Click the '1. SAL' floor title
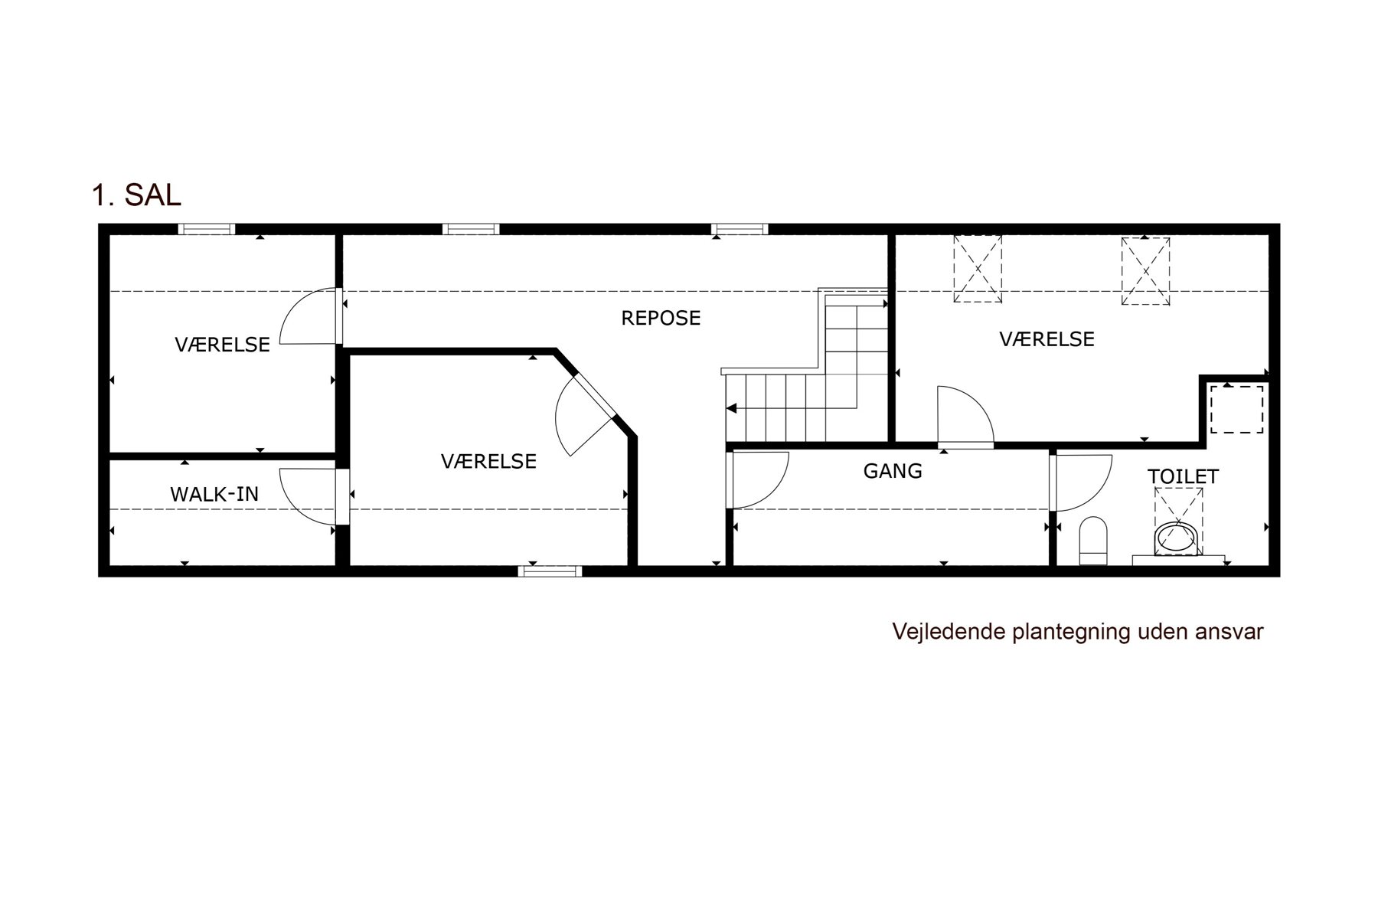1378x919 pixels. pos(136,195)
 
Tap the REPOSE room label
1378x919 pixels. pos(661,318)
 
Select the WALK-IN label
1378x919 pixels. pos(214,495)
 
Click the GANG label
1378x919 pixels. pos(893,471)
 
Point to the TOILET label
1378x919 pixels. pos(1183,476)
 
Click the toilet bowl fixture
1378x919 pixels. pos(1093,541)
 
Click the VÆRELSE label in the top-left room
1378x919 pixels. pos(223,345)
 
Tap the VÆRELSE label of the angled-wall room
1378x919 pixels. pos(488,461)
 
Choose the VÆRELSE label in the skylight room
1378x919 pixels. pos(1047,338)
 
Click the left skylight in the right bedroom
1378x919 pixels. pos(977,269)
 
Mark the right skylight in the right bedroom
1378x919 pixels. pos(1145,271)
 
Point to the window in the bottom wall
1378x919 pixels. pos(550,571)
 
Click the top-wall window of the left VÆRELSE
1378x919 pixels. pos(207,229)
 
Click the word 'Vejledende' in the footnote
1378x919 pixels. pos(949,632)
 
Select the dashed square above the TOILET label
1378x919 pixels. pos(1236,410)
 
